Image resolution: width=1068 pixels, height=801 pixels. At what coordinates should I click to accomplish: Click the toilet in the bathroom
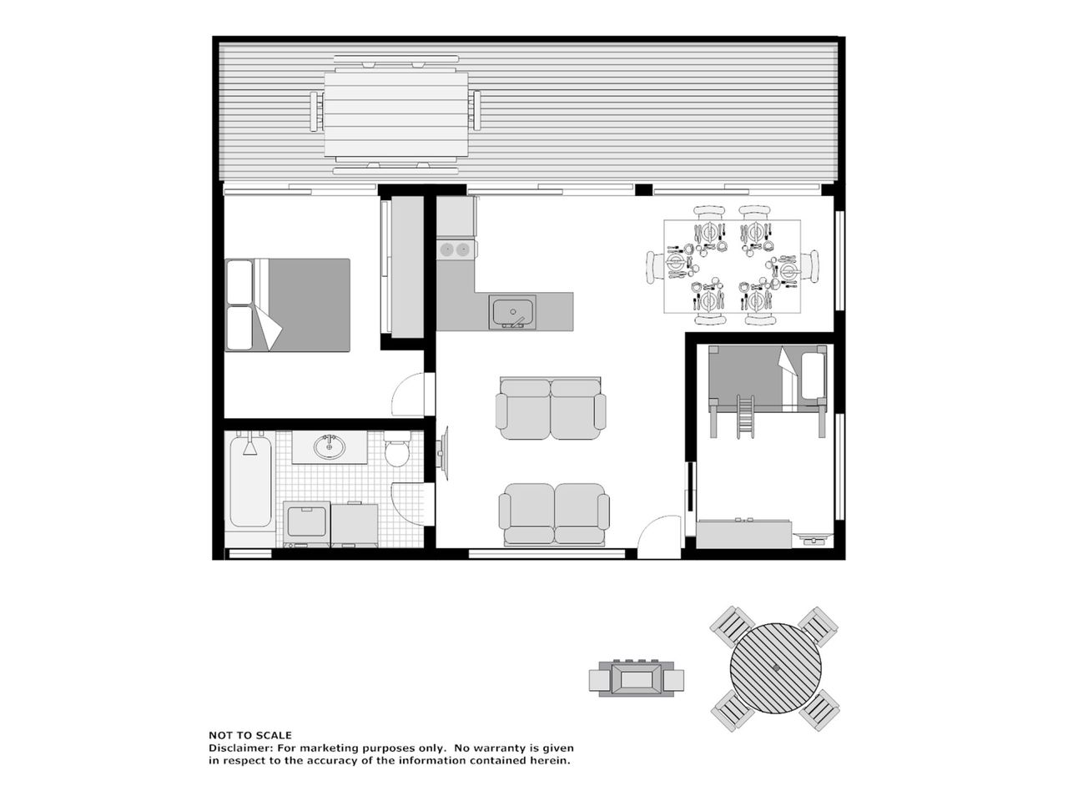397,450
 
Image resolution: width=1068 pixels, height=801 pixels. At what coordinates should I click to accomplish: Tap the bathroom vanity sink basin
330,446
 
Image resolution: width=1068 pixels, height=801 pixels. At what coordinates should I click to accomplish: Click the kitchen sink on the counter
513,312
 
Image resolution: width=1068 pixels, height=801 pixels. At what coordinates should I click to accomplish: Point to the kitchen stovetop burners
455,250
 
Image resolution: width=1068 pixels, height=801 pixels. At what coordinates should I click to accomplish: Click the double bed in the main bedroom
288,305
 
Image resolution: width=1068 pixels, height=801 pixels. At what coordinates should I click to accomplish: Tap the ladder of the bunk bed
745,416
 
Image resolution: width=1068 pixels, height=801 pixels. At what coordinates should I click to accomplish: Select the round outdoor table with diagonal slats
775,668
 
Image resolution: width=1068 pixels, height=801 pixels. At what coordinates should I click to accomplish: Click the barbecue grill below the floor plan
636,679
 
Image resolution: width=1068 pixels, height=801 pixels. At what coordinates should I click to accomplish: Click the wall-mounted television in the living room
443,454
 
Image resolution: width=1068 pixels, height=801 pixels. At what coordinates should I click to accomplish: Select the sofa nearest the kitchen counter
551,409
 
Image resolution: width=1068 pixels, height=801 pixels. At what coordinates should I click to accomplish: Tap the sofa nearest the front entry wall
554,515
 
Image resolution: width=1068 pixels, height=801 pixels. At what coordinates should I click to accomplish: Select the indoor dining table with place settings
733,266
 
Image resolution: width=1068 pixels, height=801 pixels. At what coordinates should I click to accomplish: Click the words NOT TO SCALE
250,735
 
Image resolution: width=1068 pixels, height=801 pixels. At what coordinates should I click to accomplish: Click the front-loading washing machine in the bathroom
306,524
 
